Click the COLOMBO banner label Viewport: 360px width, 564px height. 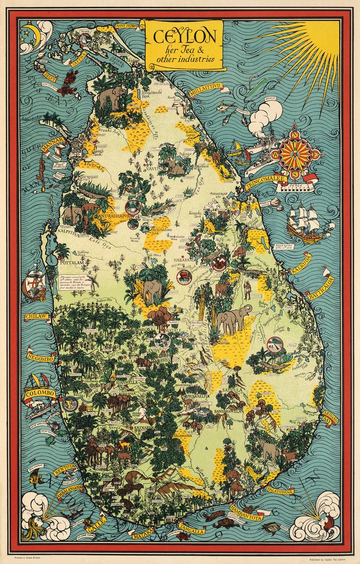pyautogui.click(x=39, y=392)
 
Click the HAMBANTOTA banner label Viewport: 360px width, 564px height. pyautogui.click(x=244, y=514)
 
